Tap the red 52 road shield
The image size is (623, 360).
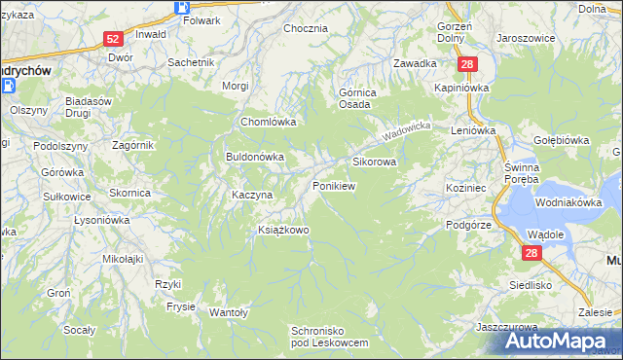pos(113,39)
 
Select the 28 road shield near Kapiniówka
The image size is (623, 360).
pos(468,64)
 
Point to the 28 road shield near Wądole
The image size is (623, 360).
pos(531,253)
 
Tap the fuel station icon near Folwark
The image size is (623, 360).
pos(182,7)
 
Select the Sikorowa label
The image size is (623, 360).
pos(374,162)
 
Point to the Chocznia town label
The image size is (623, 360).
pos(305,28)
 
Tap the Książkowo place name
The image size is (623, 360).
pos(282,230)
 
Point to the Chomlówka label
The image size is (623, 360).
pos(268,123)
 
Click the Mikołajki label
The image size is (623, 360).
pos(123,259)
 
